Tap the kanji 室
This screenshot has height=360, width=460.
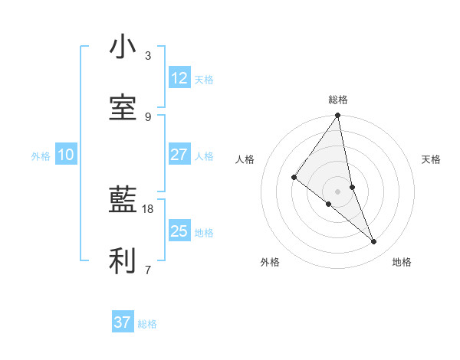[123, 109]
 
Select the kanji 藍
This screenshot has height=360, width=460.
[123, 201]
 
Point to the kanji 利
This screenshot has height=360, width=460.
[123, 261]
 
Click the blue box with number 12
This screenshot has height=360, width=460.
[179, 78]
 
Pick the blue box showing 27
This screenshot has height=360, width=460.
[179, 155]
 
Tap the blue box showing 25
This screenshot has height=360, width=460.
[179, 231]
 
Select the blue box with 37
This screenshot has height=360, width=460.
[123, 322]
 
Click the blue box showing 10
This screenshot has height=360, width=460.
[66, 155]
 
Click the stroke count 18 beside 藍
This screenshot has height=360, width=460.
[148, 208]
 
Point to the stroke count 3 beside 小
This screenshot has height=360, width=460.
[148, 55]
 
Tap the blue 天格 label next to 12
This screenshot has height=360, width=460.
[204, 80]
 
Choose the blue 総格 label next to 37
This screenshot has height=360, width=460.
[147, 324]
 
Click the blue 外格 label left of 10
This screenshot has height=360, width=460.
[41, 156]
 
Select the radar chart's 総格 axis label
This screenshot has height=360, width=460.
[338, 100]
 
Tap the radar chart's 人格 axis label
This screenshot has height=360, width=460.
[245, 159]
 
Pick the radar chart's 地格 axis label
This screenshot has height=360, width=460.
[402, 262]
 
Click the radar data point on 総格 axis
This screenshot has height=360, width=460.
[338, 116]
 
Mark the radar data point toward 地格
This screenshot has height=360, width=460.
[374, 242]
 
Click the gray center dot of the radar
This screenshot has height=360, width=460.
[338, 191]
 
